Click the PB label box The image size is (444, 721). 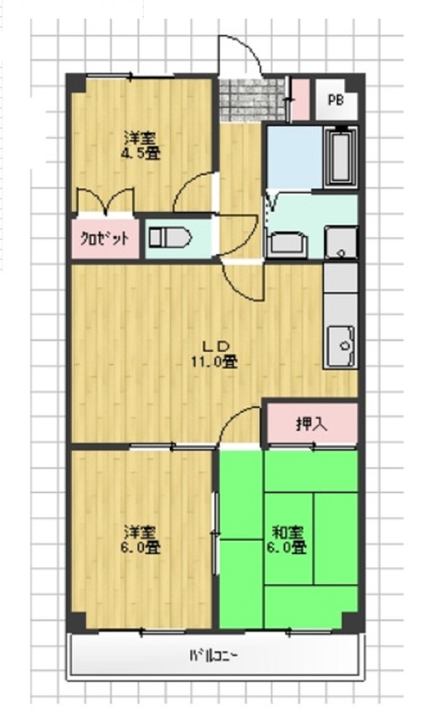336,100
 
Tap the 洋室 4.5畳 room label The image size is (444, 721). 140,145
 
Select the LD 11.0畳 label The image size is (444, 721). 214,354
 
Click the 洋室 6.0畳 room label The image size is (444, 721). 140,540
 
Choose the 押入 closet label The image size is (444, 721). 312,424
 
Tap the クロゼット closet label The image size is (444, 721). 104,238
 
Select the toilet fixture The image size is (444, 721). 169,237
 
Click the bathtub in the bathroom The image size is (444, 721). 340,156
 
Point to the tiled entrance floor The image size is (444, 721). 252,100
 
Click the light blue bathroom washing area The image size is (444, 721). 294,157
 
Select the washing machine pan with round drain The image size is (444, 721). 340,242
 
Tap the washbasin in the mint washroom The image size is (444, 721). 287,244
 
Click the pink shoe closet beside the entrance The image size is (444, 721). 301,100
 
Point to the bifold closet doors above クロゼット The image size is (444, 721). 105,201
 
